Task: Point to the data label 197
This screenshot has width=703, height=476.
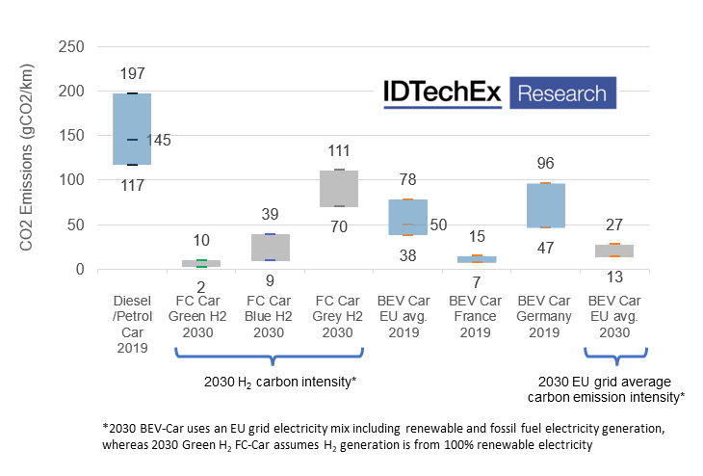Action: (133, 74)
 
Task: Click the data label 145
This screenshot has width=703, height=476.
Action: (159, 141)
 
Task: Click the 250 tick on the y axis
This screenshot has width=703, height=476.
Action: (71, 46)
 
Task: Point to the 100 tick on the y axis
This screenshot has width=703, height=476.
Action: (71, 180)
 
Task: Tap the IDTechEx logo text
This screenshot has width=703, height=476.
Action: (440, 93)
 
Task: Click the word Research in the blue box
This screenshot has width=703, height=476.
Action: (562, 93)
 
